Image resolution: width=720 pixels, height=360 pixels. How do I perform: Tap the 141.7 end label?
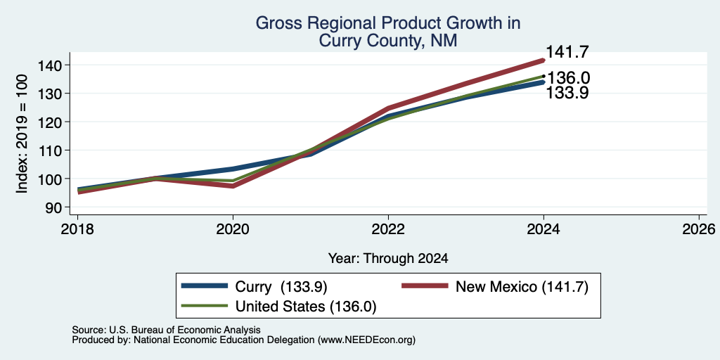click(x=567, y=52)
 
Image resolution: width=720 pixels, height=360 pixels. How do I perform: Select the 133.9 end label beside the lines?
click(x=567, y=93)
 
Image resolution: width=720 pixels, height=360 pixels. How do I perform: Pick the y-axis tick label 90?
click(x=53, y=207)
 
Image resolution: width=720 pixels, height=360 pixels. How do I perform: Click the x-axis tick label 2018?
click(x=77, y=229)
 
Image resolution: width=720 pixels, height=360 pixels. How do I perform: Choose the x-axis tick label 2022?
click(x=388, y=229)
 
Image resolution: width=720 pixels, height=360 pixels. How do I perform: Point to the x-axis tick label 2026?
click(x=699, y=229)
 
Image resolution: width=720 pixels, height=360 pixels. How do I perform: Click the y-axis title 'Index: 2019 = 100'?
click(x=22, y=134)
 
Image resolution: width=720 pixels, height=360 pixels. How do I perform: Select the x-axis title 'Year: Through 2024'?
click(x=388, y=259)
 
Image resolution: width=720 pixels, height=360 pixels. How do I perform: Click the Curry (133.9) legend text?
click(x=281, y=287)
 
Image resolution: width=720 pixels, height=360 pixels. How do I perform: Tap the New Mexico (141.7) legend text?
click(x=522, y=287)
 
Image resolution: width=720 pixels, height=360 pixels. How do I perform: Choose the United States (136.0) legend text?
click(x=306, y=307)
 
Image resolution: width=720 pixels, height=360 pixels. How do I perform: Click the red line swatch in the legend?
click(x=425, y=286)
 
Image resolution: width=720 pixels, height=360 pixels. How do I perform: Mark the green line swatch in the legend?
click(x=205, y=305)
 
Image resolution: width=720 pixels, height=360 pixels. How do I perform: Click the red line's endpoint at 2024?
click(x=544, y=60)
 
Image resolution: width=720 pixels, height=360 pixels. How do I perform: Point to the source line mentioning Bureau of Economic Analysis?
click(x=166, y=330)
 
